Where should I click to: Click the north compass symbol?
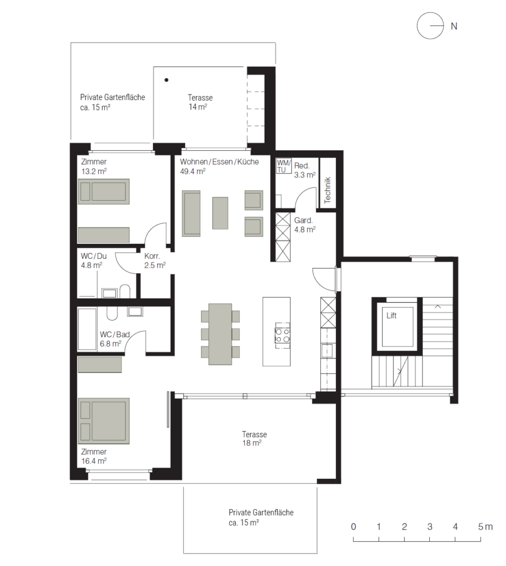pyautogui.click(x=430, y=25)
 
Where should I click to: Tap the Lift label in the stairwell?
pyautogui.click(x=391, y=316)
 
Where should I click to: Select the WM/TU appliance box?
pyautogui.click(x=283, y=166)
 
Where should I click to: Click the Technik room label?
pyautogui.click(x=328, y=190)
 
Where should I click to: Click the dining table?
pyautogui.click(x=220, y=334)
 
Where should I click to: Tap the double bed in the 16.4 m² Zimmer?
pyautogui.click(x=104, y=421)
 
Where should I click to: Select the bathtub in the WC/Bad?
pyautogui.click(x=87, y=329)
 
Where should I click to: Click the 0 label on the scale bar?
pyautogui.click(x=354, y=527)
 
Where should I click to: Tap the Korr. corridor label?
pyautogui.click(x=152, y=256)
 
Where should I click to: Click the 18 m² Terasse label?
pyautogui.click(x=254, y=438)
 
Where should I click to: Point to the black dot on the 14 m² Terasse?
pyautogui.click(x=166, y=80)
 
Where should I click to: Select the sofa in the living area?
pyautogui.click(x=191, y=214)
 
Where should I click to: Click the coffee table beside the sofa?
pyautogui.click(x=220, y=213)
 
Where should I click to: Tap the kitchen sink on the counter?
pyautogui.click(x=327, y=350)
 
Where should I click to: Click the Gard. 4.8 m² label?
pyautogui.click(x=305, y=224)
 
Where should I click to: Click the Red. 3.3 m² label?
pyautogui.click(x=305, y=170)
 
